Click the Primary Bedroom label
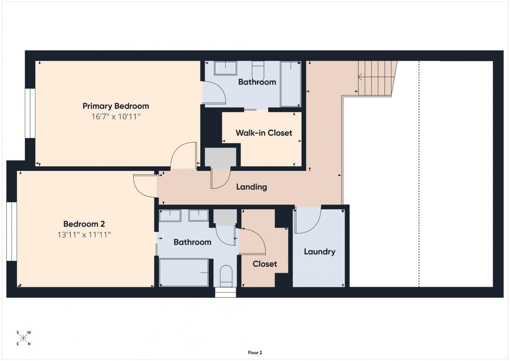tap(116, 106)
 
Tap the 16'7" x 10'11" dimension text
tap(116, 117)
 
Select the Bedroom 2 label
tap(84, 224)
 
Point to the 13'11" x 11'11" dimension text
tap(84, 235)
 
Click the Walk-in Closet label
tap(264, 133)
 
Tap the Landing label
tap(252, 187)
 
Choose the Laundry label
tap(320, 251)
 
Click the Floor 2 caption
tap(255, 352)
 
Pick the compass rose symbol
tap(23, 338)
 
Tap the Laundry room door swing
tap(308, 220)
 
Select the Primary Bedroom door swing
tap(184, 155)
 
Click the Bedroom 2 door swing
tap(145, 186)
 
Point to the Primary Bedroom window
tap(30, 113)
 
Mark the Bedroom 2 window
tap(12, 231)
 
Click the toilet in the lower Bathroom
tap(226, 276)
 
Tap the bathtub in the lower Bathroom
tap(184, 272)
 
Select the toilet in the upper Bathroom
tap(258, 69)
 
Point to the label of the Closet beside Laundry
tap(265, 264)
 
